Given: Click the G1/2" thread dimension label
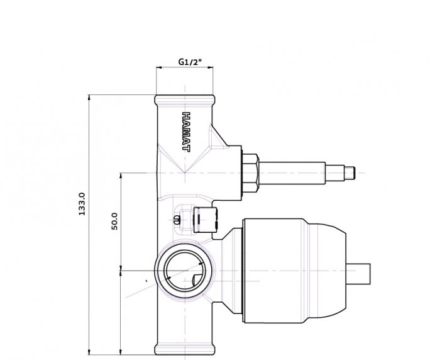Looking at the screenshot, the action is (x=190, y=62).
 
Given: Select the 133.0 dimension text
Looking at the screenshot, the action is (x=82, y=204).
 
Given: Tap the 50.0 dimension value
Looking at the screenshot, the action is (x=114, y=221).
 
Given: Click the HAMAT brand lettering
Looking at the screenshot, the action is (x=186, y=132).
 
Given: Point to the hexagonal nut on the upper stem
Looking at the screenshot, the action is (x=250, y=173).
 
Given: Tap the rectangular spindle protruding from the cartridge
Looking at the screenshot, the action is (x=358, y=274).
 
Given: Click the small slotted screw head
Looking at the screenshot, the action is (x=177, y=220).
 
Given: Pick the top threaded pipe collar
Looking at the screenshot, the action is (x=185, y=100).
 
